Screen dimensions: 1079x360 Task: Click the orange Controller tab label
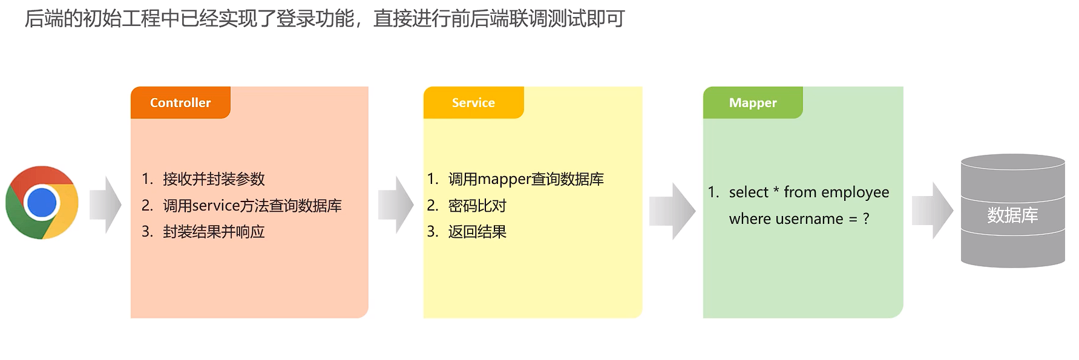(180, 103)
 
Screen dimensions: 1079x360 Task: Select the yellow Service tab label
(473, 103)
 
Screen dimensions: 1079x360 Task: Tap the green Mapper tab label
(753, 103)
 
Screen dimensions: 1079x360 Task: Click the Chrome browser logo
(42, 203)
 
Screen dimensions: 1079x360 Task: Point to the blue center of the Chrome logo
(42, 203)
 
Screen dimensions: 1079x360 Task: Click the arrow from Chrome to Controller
(105, 205)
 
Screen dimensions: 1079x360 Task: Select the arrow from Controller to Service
(396, 205)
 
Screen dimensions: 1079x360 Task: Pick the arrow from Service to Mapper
(672, 211)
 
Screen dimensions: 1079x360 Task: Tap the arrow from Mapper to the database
(933, 211)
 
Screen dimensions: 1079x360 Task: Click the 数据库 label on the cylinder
(1012, 215)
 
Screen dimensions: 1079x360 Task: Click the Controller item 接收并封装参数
(214, 179)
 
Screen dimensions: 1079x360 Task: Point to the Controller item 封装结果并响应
(214, 232)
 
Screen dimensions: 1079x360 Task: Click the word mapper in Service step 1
(504, 180)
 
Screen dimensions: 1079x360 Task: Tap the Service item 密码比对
(477, 206)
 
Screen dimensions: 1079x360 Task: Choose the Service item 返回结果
(477, 232)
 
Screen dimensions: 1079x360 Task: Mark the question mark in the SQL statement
(866, 218)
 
